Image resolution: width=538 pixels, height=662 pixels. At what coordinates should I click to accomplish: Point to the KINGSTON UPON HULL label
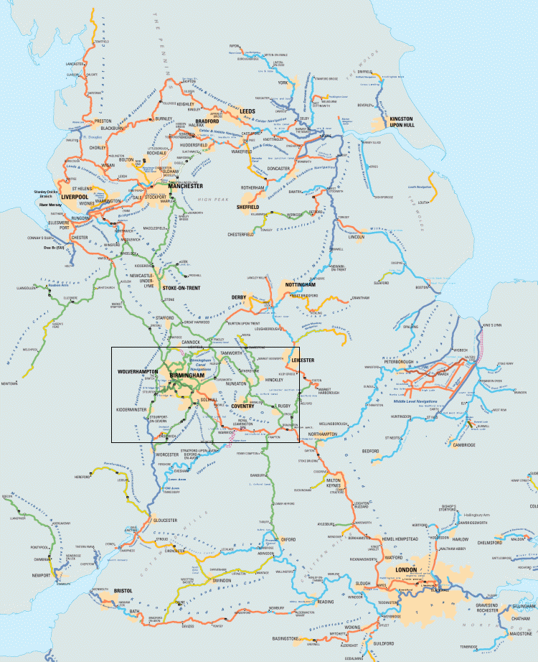[400, 120]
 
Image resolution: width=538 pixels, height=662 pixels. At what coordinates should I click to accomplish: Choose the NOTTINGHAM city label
[302, 285]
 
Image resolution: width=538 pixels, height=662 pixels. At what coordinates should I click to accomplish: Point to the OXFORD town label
[288, 539]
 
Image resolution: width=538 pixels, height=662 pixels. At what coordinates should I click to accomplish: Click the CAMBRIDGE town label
[463, 445]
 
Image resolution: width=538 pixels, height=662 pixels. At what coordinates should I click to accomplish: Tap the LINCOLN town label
[356, 237]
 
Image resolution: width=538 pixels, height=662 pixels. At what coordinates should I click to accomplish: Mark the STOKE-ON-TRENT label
[181, 287]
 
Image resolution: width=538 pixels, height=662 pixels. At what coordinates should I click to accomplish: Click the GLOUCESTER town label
[164, 521]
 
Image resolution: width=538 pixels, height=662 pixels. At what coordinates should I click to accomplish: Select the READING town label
[326, 602]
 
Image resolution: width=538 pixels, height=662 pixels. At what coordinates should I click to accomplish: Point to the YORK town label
[282, 83]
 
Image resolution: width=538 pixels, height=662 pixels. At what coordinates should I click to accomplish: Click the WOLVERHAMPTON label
[138, 372]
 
